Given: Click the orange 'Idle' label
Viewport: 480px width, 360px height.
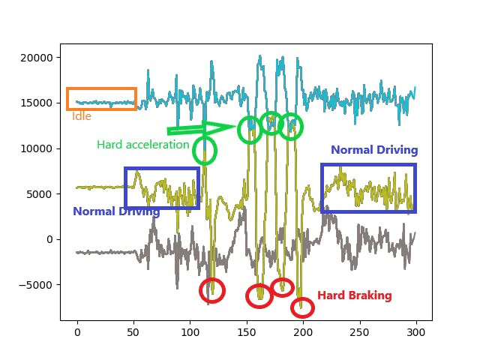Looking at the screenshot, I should (81, 116).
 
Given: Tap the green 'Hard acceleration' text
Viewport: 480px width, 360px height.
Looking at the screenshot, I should (142, 145).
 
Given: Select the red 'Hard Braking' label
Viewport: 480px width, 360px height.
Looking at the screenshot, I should (354, 295).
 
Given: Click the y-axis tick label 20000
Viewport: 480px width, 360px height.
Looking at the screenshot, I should (37, 58).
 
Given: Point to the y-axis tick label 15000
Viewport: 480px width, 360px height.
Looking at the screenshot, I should (37, 103).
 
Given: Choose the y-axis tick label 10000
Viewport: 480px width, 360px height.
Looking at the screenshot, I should (37, 148).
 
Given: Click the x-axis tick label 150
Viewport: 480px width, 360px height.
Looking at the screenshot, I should (247, 332).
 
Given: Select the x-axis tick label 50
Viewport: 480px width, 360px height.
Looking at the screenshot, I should (133, 332).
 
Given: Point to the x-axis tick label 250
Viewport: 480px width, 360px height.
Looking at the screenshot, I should (360, 332).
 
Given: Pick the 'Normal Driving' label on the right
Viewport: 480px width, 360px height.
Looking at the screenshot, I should (374, 150).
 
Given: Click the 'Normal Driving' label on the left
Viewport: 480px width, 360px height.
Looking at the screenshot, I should (116, 211).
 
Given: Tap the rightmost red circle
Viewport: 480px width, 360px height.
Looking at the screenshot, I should (301, 307).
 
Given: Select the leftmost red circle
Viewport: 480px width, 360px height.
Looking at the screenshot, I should (212, 290).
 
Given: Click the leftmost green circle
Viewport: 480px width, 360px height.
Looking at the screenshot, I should (204, 151).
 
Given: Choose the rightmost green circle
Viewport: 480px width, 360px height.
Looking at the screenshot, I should (291, 127).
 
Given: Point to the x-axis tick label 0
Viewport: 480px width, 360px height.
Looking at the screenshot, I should (76, 332).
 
